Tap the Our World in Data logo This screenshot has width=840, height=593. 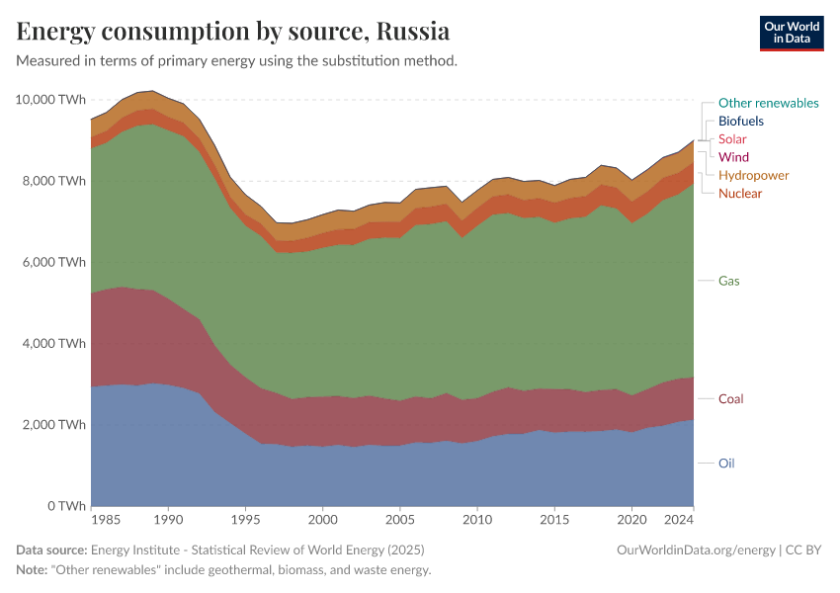click(x=791, y=33)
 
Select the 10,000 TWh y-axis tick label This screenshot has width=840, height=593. click(x=50, y=100)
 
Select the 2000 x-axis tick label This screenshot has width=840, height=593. click(x=322, y=519)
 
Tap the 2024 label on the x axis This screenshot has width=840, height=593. click(x=678, y=519)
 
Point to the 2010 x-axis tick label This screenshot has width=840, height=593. click(x=476, y=519)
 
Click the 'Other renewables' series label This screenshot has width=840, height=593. click(x=768, y=103)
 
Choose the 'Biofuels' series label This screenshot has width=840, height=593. click(x=740, y=122)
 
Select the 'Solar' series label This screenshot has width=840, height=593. click(x=732, y=139)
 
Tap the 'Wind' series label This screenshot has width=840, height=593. click(x=733, y=157)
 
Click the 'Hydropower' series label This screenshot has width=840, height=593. click(x=753, y=175)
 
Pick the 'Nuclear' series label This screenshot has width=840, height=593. click(x=740, y=193)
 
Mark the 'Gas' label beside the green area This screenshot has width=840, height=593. click(x=729, y=281)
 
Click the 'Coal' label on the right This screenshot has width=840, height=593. click(x=730, y=399)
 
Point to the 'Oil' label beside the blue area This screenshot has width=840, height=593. click(x=726, y=463)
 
